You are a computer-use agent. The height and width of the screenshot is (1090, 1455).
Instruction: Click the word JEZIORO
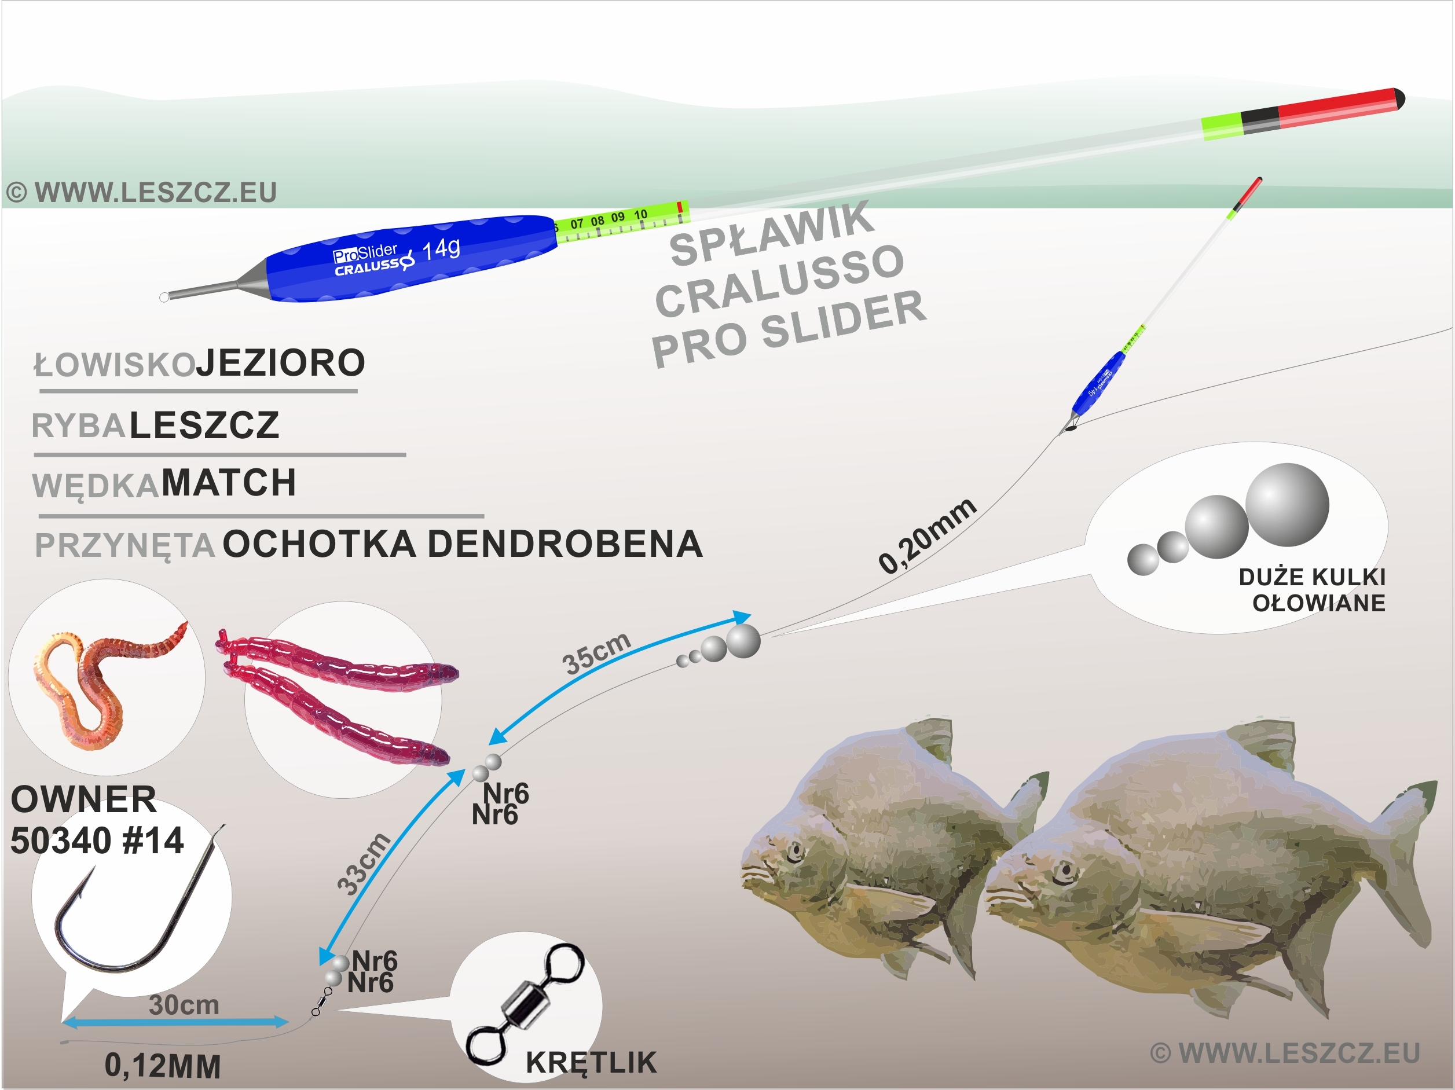pyautogui.click(x=281, y=363)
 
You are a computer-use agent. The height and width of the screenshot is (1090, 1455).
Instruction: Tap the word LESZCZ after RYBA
pyautogui.click(x=204, y=425)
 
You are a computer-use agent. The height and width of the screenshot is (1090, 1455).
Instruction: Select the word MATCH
pyautogui.click(x=229, y=483)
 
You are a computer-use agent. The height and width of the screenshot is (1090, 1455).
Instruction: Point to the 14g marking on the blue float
pyautogui.click(x=441, y=249)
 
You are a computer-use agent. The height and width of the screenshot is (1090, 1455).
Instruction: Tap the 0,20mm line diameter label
pyautogui.click(x=928, y=536)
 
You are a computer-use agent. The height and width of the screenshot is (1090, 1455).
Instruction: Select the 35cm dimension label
pyautogui.click(x=596, y=652)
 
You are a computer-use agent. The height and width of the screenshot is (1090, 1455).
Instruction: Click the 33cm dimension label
pyautogui.click(x=364, y=865)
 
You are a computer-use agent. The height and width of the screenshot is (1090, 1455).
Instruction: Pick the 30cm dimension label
pyautogui.click(x=184, y=1005)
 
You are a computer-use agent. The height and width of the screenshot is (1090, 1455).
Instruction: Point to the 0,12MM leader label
pyautogui.click(x=163, y=1066)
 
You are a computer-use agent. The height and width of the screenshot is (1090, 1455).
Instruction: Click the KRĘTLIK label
pyautogui.click(x=591, y=1062)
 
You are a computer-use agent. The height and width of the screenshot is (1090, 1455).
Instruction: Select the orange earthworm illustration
pyautogui.click(x=98, y=677)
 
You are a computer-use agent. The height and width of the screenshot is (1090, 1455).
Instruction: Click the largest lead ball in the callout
pyautogui.click(x=1287, y=505)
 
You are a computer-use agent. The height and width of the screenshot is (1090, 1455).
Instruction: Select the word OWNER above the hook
pyautogui.click(x=83, y=800)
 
